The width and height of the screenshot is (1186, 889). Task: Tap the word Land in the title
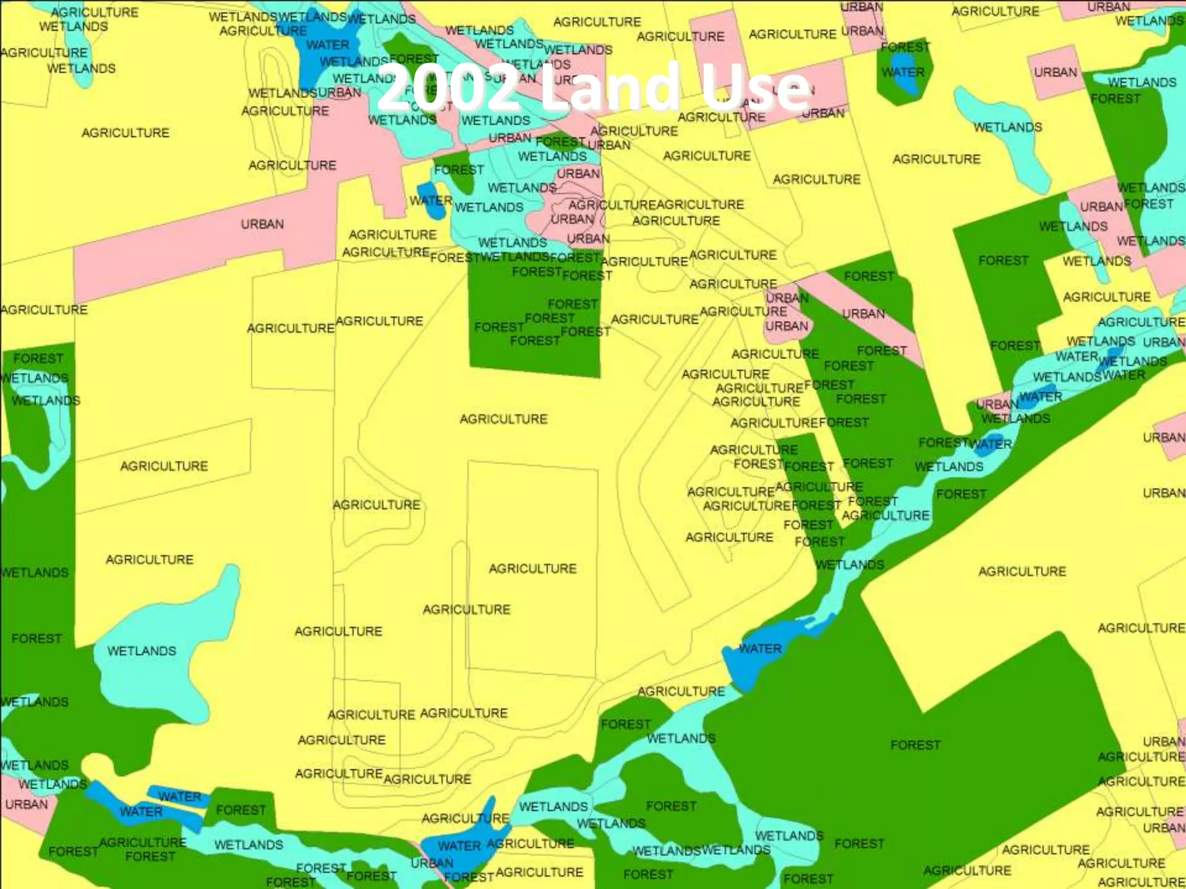tap(609, 88)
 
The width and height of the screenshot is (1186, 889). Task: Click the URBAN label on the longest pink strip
tap(262, 224)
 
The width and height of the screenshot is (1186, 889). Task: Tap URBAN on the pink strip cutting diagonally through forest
tap(863, 314)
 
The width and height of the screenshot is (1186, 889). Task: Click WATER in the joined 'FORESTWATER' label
tap(991, 444)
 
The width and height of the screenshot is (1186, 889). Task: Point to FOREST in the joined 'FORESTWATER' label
tap(943, 443)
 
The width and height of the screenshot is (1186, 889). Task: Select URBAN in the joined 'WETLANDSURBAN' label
tap(339, 93)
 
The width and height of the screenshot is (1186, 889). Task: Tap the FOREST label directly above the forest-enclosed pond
tap(905, 47)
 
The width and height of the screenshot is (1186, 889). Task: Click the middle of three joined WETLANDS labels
tap(312, 17)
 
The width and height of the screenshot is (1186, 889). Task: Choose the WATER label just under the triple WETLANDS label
tap(328, 45)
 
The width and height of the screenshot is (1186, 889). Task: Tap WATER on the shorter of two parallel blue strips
tap(180, 796)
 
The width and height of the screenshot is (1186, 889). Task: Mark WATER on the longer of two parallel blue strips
tap(141, 811)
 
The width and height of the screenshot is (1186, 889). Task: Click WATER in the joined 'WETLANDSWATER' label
tap(1123, 375)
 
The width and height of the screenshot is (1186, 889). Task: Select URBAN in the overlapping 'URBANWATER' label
tap(997, 404)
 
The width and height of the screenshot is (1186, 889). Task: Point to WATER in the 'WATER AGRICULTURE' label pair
tap(459, 846)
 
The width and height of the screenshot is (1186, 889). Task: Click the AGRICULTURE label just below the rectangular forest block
tap(503, 418)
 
